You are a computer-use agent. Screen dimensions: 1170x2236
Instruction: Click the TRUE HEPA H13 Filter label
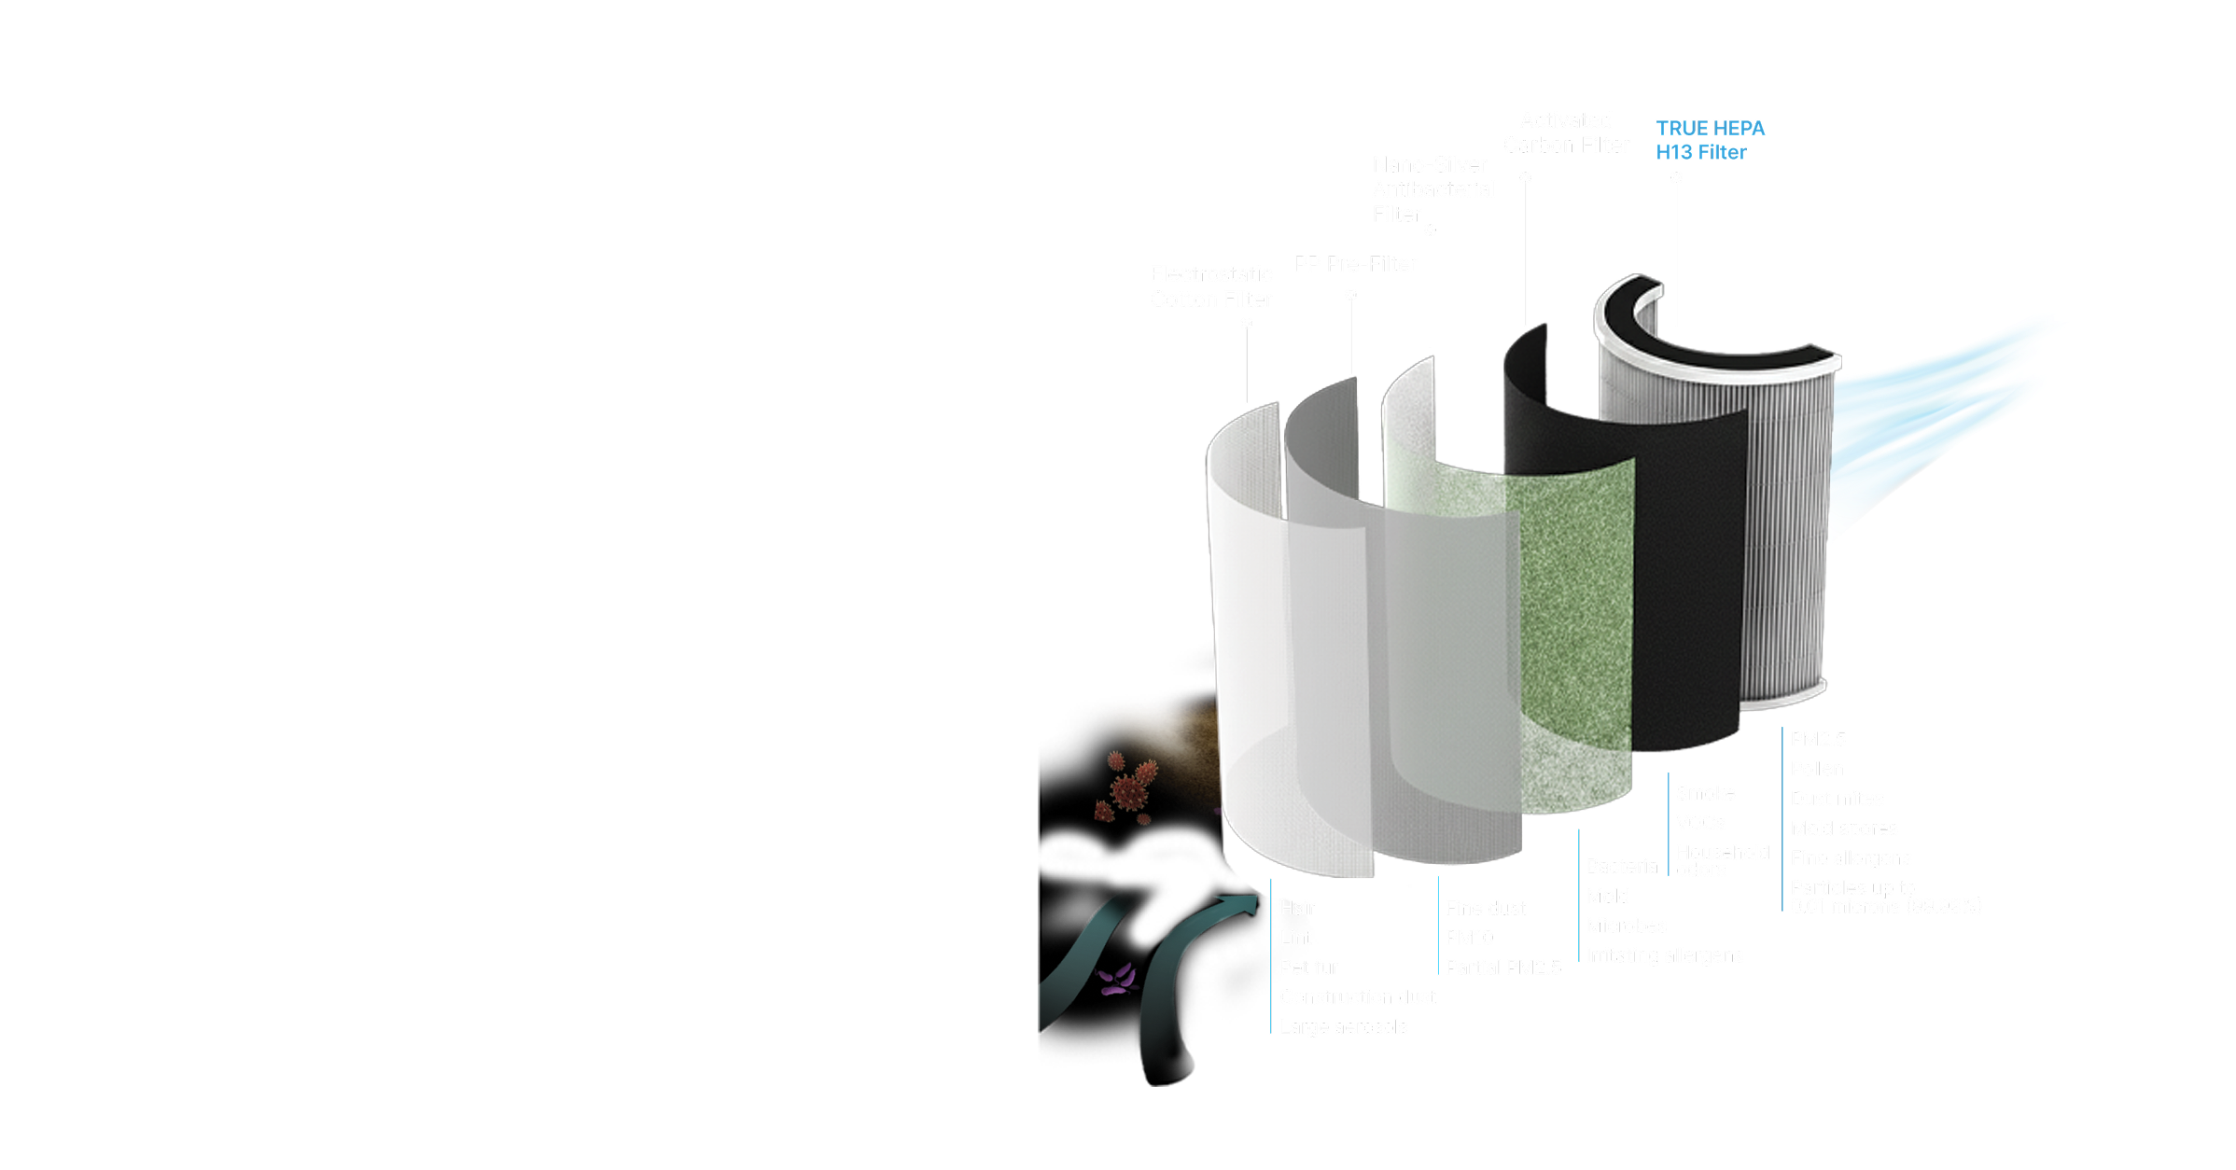tap(1709, 140)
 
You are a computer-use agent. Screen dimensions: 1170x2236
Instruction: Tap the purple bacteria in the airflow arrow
tap(1117, 980)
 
